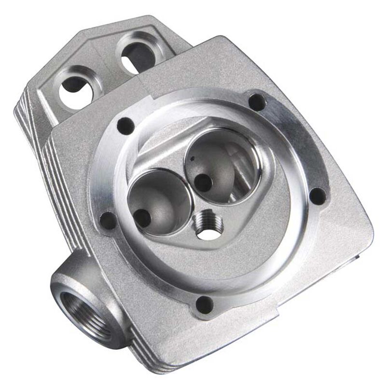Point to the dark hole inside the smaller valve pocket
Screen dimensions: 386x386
(x=143, y=218)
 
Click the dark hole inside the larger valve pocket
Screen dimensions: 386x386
(x=204, y=182)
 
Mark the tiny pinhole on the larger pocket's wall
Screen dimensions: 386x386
(x=192, y=158)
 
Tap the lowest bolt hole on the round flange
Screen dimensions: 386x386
(x=205, y=304)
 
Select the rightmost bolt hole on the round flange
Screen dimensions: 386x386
(x=317, y=195)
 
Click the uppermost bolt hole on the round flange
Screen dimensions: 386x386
(x=256, y=102)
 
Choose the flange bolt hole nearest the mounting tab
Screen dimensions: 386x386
(x=125, y=126)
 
